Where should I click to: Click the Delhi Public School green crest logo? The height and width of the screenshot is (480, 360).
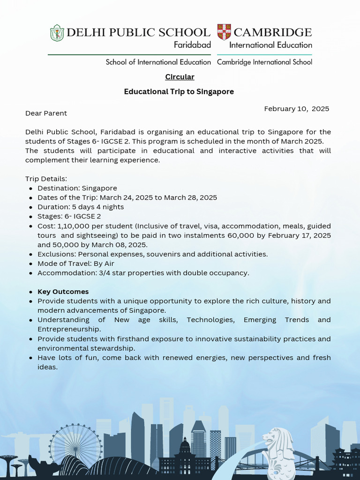pos(57,33)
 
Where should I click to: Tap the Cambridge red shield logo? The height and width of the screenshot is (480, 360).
pos(224,32)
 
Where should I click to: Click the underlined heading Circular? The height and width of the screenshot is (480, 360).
pos(180,77)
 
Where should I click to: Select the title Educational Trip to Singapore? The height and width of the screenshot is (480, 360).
pos(179,92)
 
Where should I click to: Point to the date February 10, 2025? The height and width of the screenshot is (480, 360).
pos(296,109)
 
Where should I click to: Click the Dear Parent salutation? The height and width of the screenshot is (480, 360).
pos(46,113)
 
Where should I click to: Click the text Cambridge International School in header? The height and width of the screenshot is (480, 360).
pos(264,62)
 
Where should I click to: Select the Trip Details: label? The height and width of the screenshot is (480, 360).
pos(46,179)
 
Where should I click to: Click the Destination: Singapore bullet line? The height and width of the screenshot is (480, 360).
pos(77,188)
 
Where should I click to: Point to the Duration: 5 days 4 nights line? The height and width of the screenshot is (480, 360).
pos(81,207)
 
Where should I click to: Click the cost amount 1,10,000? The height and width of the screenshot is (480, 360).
pos(72,226)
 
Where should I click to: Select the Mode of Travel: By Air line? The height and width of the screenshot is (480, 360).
pos(75,263)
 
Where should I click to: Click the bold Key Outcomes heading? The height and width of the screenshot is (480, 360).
pos(63,292)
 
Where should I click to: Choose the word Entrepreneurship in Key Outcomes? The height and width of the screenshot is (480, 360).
pos(69,329)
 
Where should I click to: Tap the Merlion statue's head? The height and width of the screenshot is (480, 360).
pos(271,438)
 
